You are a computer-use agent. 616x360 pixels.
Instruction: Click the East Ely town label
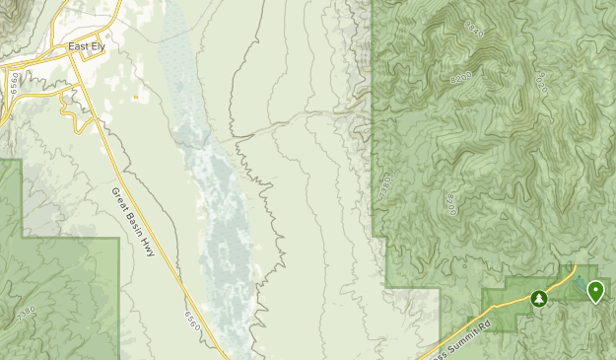85,47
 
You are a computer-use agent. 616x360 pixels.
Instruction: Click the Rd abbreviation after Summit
485,324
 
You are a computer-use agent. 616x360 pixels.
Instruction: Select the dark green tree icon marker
538,297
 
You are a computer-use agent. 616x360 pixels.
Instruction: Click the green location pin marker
595,290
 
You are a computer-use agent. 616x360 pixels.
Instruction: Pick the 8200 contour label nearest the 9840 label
460,75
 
